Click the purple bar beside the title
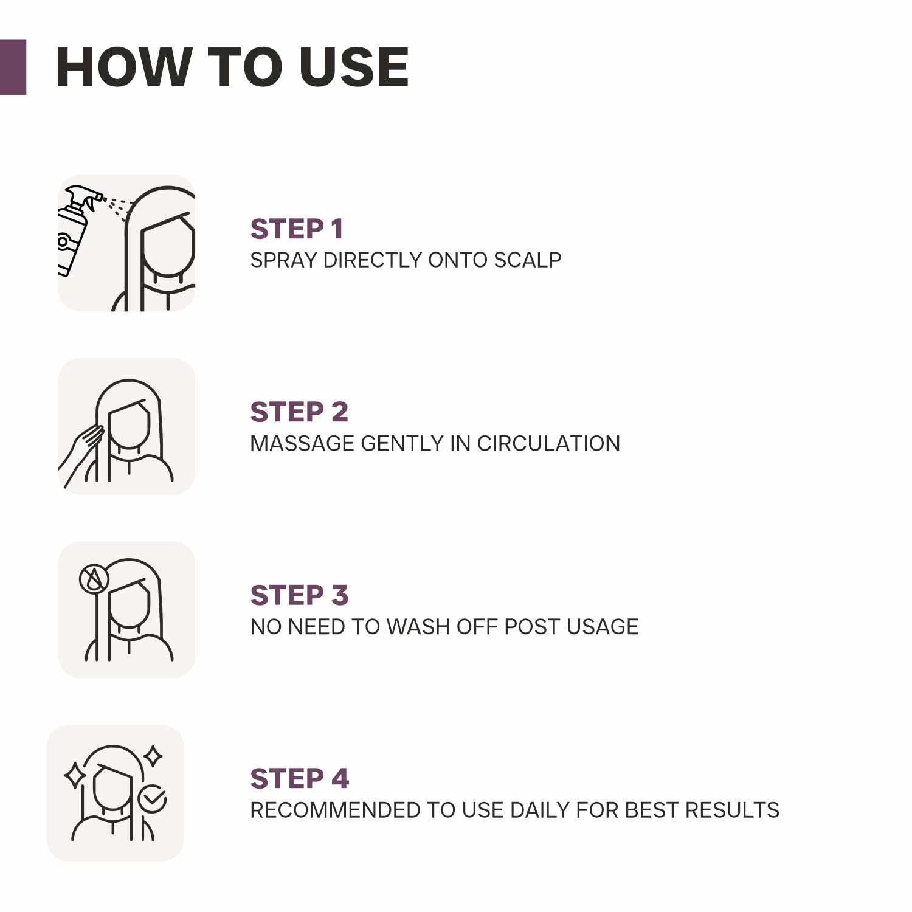coord(13,67)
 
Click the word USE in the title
coord(354,67)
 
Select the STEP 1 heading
coord(297,229)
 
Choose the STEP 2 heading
coord(299,412)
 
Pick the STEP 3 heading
coord(299,595)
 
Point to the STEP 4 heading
coord(300,778)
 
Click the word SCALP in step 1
coord(527,260)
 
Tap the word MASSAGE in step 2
coord(302,444)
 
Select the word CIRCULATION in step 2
coord(548,444)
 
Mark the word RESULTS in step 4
coord(732,810)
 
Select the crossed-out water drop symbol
coord(94,579)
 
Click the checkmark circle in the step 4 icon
coord(152,799)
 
